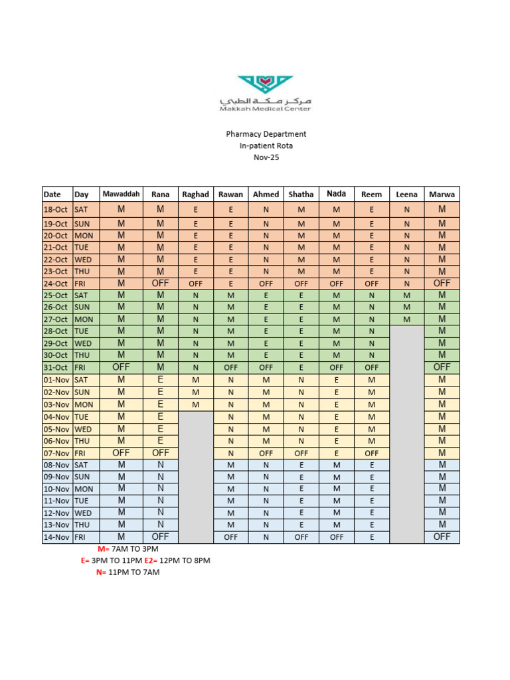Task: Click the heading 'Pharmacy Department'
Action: click(266, 133)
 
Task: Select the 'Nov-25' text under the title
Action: click(266, 157)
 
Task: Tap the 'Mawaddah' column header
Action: click(122, 194)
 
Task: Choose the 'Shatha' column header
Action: click(301, 195)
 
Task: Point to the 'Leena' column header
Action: click(406, 195)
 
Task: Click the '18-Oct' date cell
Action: click(56, 209)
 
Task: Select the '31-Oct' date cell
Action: click(56, 367)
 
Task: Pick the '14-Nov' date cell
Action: click(56, 537)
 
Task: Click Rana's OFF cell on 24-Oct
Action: click(160, 283)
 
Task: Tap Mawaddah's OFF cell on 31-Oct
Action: click(122, 367)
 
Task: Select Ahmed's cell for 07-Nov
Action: click(266, 453)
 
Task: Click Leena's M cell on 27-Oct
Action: click(406, 319)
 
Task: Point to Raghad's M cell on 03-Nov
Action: click(195, 404)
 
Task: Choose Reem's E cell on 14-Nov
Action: click(372, 537)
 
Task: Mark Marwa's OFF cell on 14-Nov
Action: click(442, 537)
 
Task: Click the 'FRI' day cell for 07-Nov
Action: click(82, 453)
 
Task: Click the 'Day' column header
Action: click(82, 195)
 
